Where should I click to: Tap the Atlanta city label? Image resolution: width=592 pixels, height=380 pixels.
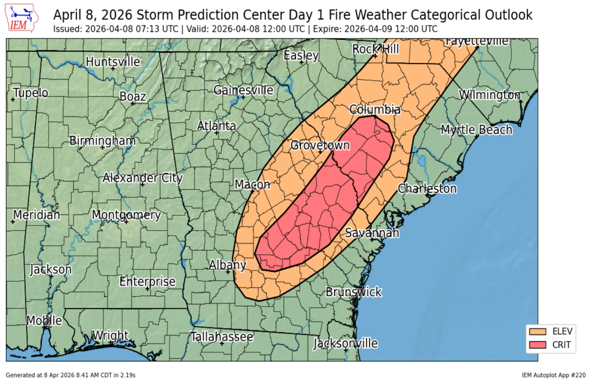(216, 126)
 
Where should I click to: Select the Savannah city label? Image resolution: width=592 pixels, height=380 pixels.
(372, 233)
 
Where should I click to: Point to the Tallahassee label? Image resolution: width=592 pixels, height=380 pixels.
(222, 337)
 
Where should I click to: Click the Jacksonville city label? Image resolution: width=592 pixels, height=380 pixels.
(345, 344)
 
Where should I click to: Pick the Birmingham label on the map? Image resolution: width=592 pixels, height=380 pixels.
(102, 140)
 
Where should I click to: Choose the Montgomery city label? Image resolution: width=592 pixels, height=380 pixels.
(126, 215)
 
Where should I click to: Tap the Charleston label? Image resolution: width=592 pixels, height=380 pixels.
(427, 189)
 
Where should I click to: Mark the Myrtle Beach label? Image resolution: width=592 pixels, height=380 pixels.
(476, 129)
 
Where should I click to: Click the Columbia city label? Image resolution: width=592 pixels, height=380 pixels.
(375, 110)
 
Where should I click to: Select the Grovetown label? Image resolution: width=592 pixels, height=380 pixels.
(320, 146)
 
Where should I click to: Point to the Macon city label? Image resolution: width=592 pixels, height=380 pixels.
(252, 185)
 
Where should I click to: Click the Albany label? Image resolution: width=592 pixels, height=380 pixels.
(227, 265)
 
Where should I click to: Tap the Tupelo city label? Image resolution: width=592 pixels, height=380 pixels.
(31, 92)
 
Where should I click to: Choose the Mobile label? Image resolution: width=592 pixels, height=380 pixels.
(45, 321)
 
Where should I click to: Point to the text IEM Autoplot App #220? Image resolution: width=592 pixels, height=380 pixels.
(554, 375)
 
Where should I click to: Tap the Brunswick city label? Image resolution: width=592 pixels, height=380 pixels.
(353, 292)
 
